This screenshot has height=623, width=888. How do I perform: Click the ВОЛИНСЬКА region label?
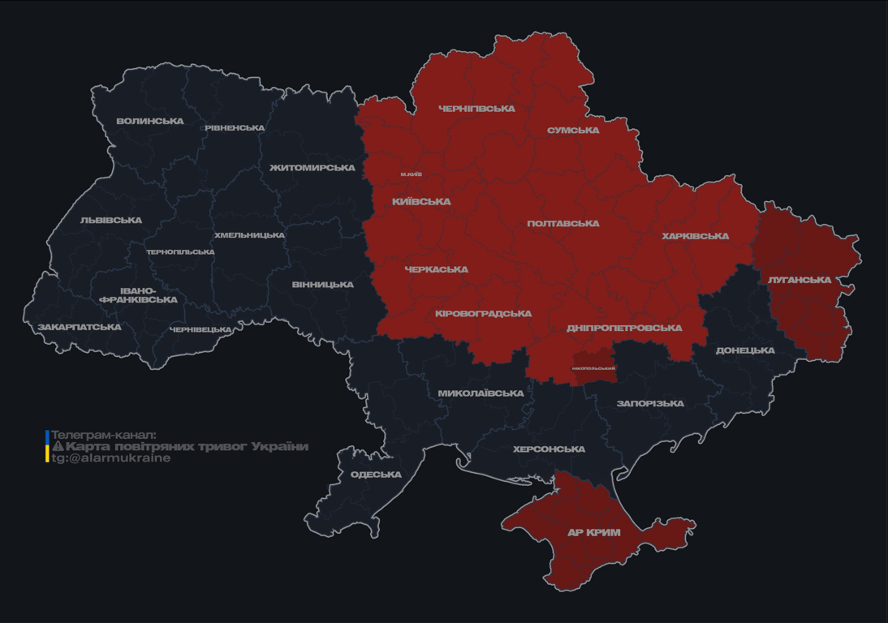click(150, 122)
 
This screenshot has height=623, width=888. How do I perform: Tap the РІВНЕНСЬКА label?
click(235, 128)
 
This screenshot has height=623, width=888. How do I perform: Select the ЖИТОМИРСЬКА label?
click(313, 168)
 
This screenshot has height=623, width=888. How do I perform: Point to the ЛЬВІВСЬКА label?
click(111, 221)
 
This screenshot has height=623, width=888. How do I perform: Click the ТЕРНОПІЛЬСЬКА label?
click(180, 252)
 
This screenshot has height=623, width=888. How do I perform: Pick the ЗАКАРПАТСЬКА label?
click(80, 328)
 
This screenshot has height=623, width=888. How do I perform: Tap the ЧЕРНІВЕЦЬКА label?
click(200, 330)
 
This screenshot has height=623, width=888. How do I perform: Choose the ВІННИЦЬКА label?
click(323, 285)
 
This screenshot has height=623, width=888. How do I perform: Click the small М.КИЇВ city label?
click(411, 174)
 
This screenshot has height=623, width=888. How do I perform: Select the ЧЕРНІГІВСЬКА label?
click(476, 109)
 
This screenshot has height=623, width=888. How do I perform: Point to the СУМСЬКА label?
click(573, 131)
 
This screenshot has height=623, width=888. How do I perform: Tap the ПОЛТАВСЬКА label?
click(563, 224)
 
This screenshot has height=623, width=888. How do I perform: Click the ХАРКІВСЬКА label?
click(695, 237)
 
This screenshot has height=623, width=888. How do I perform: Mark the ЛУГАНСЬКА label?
click(800, 280)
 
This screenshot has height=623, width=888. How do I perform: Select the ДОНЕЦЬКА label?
click(745, 351)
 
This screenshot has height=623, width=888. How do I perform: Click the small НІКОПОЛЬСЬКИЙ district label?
click(593, 368)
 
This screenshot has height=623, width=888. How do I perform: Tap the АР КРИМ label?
click(594, 533)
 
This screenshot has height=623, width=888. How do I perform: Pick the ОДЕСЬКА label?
click(376, 475)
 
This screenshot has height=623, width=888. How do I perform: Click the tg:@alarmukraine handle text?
click(111, 458)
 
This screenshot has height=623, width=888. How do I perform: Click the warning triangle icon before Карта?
click(58, 447)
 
